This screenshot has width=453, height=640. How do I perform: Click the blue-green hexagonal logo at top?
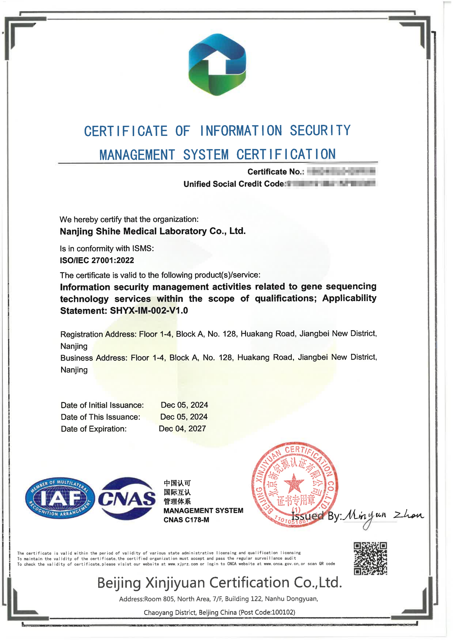pyautogui.click(x=217, y=64)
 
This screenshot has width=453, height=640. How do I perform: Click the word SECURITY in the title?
pyautogui.click(x=320, y=130)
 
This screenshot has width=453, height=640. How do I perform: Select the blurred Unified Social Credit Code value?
pyautogui.click(x=331, y=184)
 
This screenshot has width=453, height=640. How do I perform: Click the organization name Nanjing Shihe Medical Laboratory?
pyautogui.click(x=153, y=231)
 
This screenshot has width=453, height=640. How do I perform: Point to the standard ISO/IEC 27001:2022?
pyautogui.click(x=97, y=260)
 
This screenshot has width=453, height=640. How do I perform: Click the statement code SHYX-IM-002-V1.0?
pyautogui.click(x=149, y=310)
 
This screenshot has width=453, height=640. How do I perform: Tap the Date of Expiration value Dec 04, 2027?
pyautogui.click(x=182, y=428)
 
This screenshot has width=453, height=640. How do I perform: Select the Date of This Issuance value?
pyautogui.click(x=184, y=417)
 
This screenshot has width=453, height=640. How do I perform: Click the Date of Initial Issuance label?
pyautogui.click(x=102, y=405)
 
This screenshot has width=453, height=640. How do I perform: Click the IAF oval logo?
pyautogui.click(x=60, y=498)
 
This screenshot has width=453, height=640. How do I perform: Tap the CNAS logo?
pyautogui.click(x=127, y=498)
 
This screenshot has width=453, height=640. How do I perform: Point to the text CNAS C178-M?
pyautogui.click(x=186, y=519)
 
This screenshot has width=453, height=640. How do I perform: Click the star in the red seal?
pyautogui.click(x=294, y=483)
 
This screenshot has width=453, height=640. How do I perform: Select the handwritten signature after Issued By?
pyautogui.click(x=382, y=516)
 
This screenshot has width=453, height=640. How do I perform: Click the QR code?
pyautogui.click(x=370, y=558)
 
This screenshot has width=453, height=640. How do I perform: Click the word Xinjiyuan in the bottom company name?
pyautogui.click(x=175, y=582)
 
